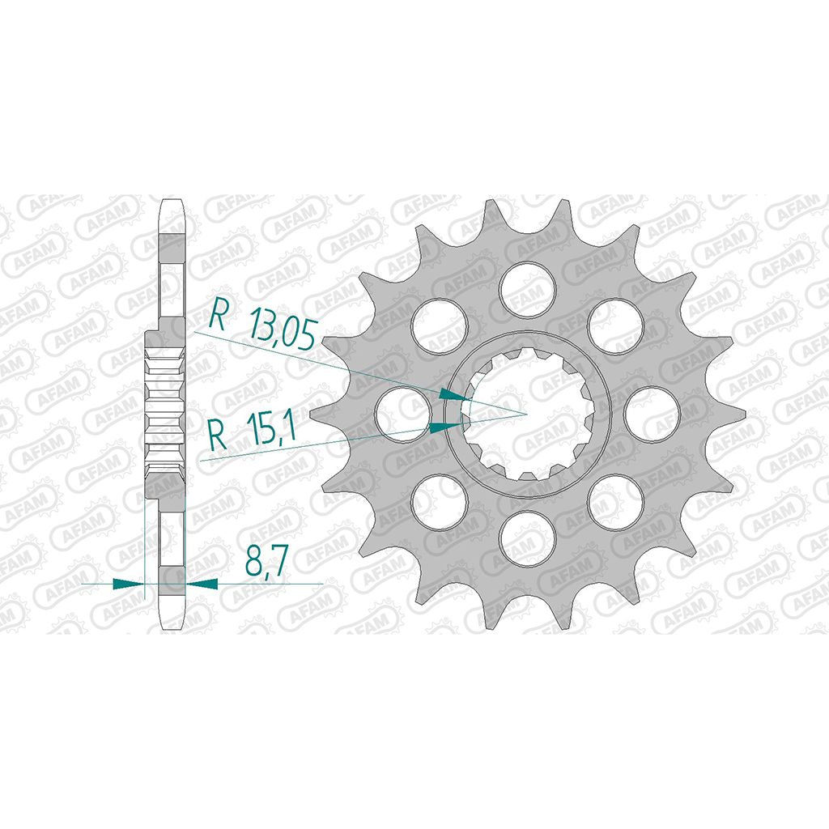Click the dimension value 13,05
pyautogui.click(x=283, y=331)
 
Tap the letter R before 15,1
pyautogui.click(x=218, y=434)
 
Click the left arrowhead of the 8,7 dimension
pyautogui.click(x=129, y=584)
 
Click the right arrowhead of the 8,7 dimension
pyautogui.click(x=201, y=584)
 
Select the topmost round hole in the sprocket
pyautogui.click(x=528, y=291)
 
